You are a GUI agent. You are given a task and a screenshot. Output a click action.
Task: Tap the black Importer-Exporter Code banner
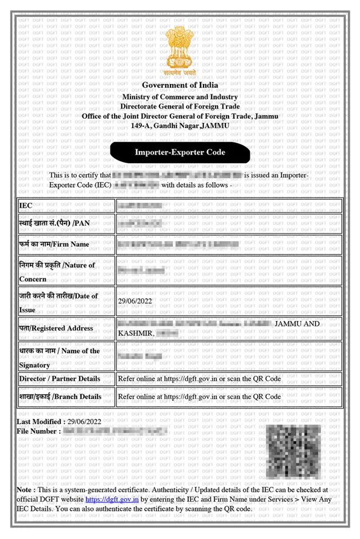tap(180, 152)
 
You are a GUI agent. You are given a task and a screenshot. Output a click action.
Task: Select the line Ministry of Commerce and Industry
tap(180, 97)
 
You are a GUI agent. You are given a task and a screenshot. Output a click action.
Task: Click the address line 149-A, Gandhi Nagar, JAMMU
tap(180, 125)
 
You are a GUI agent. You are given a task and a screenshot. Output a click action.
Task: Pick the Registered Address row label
tap(55, 328)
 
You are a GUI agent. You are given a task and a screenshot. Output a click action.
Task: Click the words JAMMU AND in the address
tap(297, 323)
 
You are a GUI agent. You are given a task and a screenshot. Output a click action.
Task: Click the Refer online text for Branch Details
tap(199, 396)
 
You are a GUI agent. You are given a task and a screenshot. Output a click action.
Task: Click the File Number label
tap(38, 431)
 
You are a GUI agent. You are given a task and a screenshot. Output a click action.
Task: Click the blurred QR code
tap(294, 451)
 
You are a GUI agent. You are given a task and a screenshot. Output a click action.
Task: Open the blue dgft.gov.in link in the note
tap(113, 499)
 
